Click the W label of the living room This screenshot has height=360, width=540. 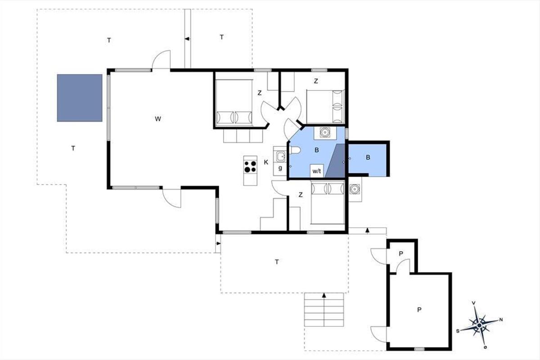158,119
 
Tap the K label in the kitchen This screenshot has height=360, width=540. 266,162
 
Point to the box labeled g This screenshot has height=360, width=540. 280,168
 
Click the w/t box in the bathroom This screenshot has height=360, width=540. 317,171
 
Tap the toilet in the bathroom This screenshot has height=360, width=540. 295,150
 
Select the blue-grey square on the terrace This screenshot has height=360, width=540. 80,98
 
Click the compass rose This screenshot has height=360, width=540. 479,325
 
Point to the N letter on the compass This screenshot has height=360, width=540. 501,320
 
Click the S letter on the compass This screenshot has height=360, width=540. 458,331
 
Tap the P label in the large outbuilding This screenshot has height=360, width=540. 419,310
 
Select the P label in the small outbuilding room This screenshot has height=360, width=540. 401,254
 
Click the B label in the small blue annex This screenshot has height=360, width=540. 368,157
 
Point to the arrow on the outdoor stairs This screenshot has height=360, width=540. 324,295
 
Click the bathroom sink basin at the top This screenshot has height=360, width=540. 325,133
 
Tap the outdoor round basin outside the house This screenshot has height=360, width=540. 355,189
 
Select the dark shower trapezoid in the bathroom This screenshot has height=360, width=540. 335,161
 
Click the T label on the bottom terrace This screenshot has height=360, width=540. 277,261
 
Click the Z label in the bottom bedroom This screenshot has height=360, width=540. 301,194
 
